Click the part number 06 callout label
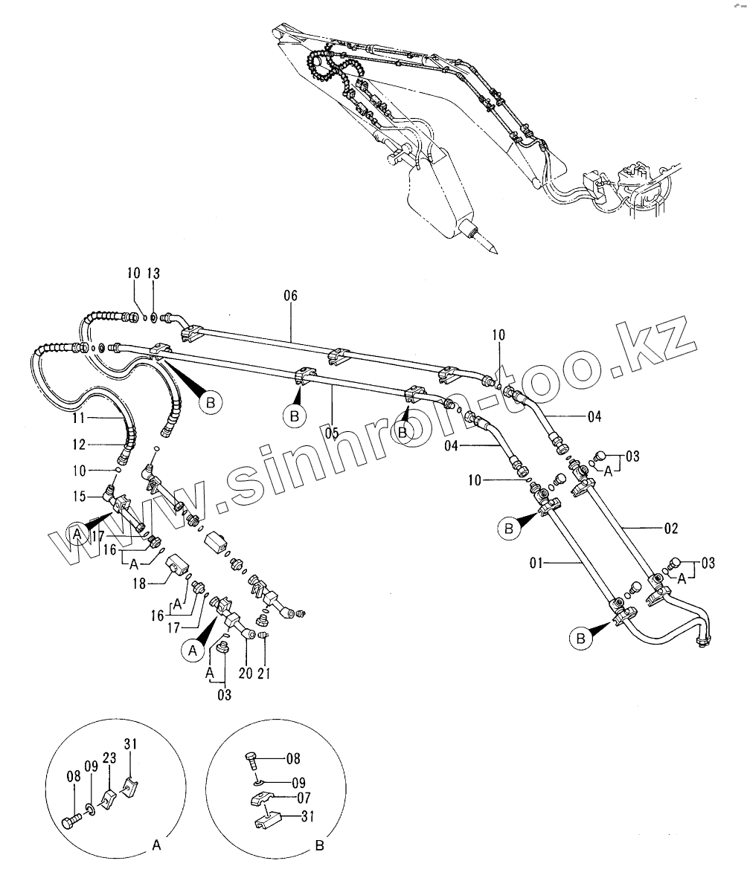click(290, 296)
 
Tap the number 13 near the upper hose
click(153, 273)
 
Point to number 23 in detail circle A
click(109, 759)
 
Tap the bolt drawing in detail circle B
click(252, 761)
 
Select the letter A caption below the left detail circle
click(156, 845)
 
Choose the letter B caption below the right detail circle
click(319, 845)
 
